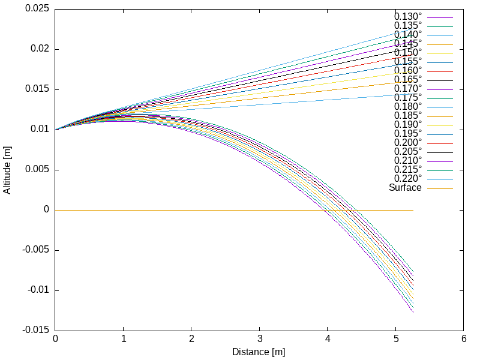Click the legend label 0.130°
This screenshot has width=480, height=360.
(x=407, y=16)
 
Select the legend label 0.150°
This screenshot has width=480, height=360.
(x=407, y=52)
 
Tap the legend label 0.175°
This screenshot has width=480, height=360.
(x=407, y=97)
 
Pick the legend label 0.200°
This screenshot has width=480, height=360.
(x=407, y=142)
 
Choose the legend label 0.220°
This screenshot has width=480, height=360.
(x=407, y=178)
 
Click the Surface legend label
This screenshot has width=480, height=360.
(x=405, y=187)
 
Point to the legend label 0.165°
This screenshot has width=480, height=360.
(x=407, y=79)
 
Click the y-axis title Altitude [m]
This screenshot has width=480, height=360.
(x=8, y=170)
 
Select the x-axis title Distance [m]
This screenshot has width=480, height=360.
(x=259, y=352)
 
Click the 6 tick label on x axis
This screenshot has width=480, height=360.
(x=464, y=339)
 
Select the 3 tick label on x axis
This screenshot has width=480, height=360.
(x=259, y=339)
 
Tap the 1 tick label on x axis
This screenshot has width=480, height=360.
(x=123, y=339)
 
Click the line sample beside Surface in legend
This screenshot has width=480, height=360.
(x=440, y=188)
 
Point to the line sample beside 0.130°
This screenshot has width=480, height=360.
(x=440, y=17)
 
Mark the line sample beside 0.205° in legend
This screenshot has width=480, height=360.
(x=440, y=152)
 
